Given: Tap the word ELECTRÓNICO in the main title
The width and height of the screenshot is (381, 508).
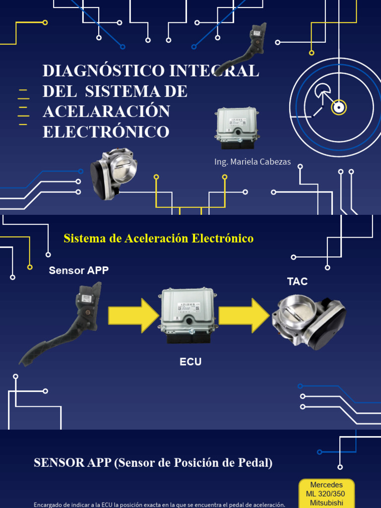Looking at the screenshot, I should coord(106,132).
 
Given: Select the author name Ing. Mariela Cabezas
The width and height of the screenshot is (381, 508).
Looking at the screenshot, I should coord(253,162).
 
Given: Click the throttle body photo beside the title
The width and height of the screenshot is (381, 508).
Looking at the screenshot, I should coord(113,173).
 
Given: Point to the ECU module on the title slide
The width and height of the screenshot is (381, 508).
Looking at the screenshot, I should coord(237,127).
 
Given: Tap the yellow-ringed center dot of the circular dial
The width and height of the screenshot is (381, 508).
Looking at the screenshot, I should coord(339,107).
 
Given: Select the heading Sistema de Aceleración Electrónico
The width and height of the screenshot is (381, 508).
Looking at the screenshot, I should coord(158,239).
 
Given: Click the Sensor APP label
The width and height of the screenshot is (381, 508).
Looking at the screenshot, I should coord(78,270).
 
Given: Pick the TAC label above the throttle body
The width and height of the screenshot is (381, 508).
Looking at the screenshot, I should coord(297,282).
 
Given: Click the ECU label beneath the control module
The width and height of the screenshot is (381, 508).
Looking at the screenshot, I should coord(190,362).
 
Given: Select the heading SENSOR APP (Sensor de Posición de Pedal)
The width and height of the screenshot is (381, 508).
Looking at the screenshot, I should coord(153,463).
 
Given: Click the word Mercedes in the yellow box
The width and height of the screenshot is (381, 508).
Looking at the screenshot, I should coord(326,485).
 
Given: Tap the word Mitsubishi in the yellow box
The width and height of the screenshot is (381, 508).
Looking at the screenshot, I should coord(326,503).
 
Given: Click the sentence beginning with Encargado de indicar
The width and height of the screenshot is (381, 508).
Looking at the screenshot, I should coord(159,505).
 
